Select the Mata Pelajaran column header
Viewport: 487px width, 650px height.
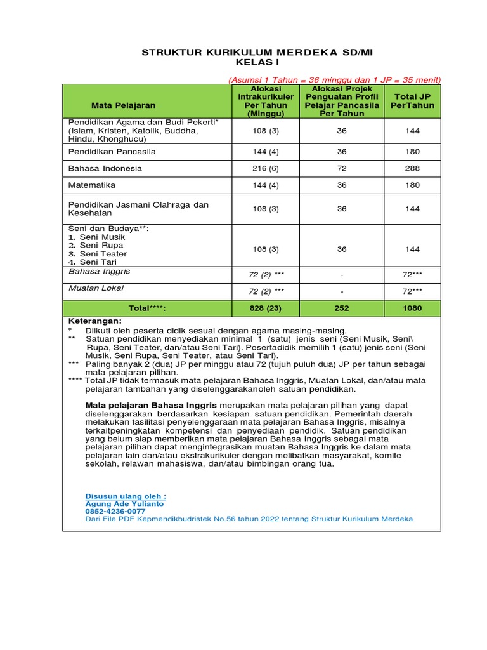coord(123,105)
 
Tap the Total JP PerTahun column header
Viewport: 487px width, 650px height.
coord(413,101)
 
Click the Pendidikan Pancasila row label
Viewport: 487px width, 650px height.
coord(112,152)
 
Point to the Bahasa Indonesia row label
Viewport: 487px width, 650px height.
coord(105,169)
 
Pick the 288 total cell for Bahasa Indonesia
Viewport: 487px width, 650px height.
coord(413,169)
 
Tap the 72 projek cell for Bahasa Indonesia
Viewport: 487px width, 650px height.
coord(342,169)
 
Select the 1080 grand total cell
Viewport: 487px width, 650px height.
coord(413,308)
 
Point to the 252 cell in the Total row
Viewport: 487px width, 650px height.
coord(342,308)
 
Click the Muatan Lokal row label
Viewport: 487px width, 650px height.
coord(96,288)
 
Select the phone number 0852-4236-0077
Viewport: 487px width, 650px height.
coord(115,511)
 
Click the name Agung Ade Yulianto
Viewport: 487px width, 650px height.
coord(124,503)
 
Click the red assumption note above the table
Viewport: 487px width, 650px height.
coord(334,79)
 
